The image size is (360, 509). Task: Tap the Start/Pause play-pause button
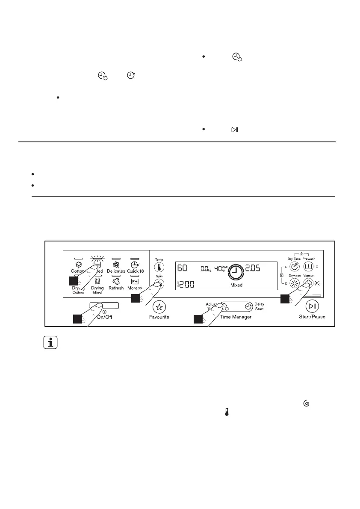[312, 306]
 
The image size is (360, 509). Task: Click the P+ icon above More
[135, 282]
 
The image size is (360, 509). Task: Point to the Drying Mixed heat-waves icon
[97, 282]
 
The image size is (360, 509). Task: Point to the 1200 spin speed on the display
[186, 284]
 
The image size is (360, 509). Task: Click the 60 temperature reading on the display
[182, 268]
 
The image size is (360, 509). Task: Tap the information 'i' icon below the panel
[51, 343]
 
